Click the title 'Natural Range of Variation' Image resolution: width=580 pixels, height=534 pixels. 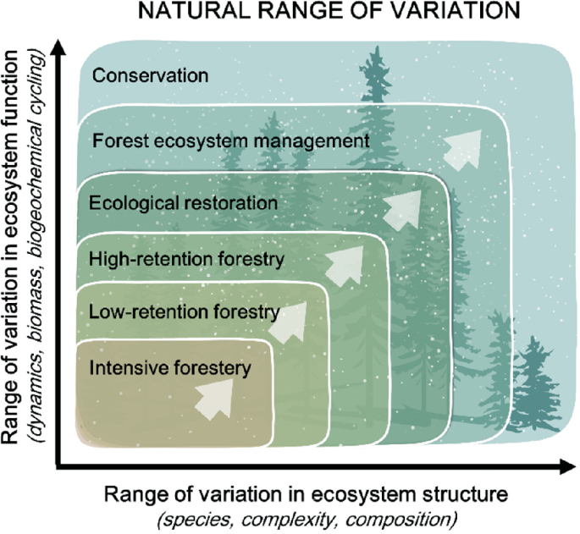[x=329, y=11]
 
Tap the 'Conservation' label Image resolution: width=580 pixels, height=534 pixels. [x=150, y=75]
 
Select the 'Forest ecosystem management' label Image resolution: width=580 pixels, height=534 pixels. [x=231, y=141]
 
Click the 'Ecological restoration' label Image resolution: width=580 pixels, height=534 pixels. [x=183, y=203]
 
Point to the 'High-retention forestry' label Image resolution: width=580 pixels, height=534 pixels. [x=186, y=259]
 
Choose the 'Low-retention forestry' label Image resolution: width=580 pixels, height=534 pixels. [x=185, y=312]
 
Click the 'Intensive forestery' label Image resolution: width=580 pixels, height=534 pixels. [x=170, y=368]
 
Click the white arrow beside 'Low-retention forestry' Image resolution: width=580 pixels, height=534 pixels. [x=289, y=322]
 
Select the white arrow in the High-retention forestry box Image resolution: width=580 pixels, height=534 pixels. [x=345, y=265]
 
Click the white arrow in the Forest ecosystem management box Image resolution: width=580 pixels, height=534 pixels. [x=463, y=150]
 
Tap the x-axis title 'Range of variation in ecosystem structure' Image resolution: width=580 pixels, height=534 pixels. [x=306, y=494]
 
